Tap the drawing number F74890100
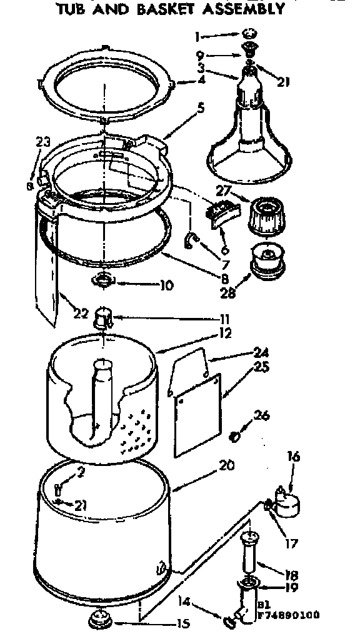(x=289, y=615)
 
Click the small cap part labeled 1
(x=249, y=33)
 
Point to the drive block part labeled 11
(x=102, y=319)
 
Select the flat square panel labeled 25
(x=197, y=414)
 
